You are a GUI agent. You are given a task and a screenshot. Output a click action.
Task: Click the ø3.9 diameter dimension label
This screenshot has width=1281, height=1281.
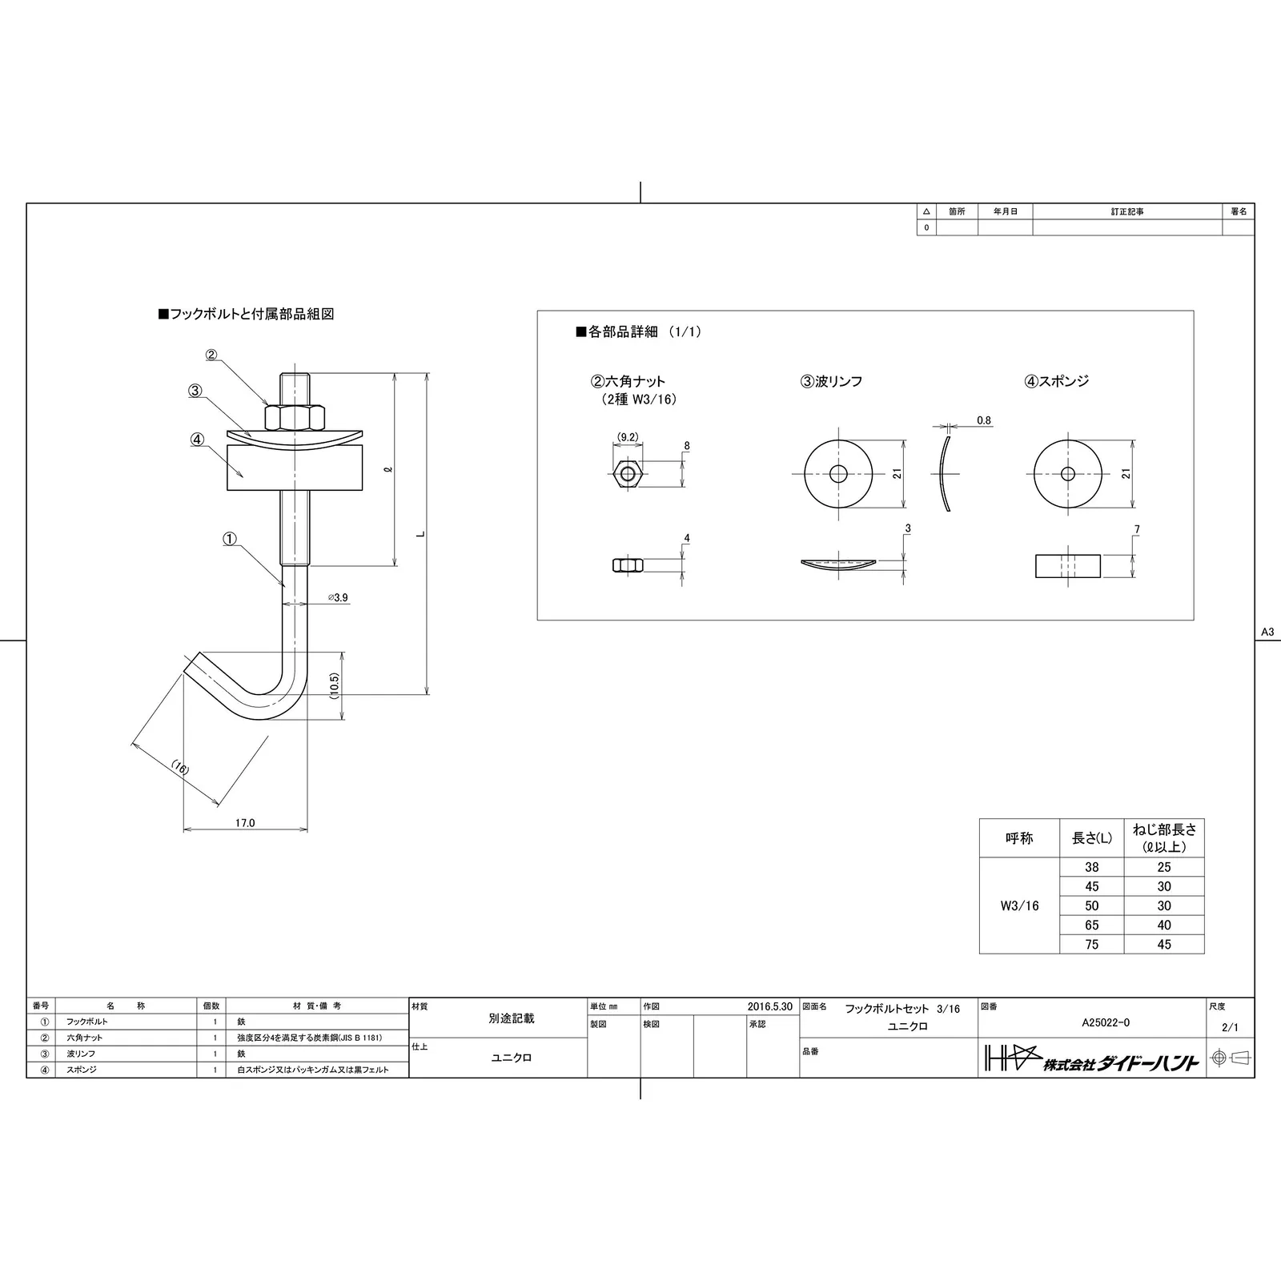(338, 597)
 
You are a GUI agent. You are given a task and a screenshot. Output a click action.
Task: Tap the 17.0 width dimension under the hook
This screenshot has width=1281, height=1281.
(245, 822)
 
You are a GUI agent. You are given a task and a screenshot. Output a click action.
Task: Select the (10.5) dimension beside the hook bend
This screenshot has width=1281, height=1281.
(335, 685)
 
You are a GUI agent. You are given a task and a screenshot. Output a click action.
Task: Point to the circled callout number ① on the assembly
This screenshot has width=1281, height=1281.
(230, 540)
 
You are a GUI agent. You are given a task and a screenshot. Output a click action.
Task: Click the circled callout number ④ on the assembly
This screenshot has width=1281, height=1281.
(197, 440)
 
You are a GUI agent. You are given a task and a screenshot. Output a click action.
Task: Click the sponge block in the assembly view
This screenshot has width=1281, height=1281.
(295, 468)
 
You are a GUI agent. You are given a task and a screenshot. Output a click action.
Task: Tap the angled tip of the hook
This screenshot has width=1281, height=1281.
(192, 663)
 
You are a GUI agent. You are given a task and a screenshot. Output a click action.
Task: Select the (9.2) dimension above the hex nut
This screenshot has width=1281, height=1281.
(628, 437)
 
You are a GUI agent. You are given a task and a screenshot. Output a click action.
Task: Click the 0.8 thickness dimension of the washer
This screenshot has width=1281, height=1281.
(984, 420)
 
